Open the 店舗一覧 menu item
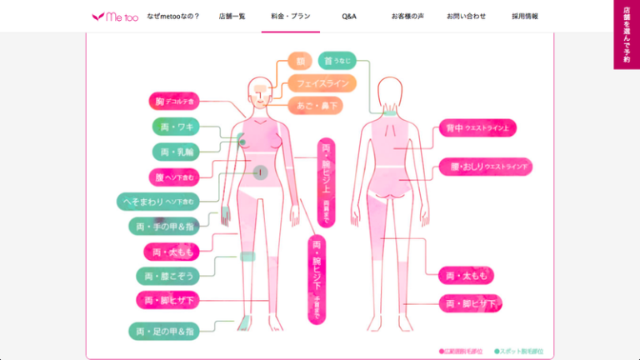[x=232, y=16]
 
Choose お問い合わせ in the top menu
[x=465, y=16]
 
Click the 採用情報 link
[x=525, y=16]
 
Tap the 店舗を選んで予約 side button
[x=627, y=34]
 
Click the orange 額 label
[x=299, y=61]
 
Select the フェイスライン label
[x=322, y=83]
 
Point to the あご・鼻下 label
[x=315, y=106]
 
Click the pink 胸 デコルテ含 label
[x=174, y=102]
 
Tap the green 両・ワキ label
[x=175, y=127]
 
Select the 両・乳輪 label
[x=175, y=152]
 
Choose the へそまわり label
[x=157, y=202]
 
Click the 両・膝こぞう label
[x=167, y=276]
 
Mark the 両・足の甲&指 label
[x=164, y=331]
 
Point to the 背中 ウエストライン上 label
[x=478, y=128]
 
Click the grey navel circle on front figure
[x=260, y=172]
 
